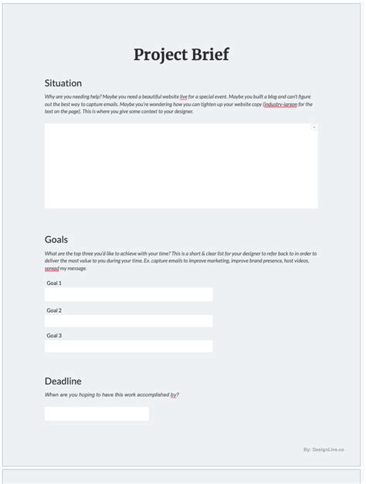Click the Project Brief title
(x=181, y=55)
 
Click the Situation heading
(x=63, y=83)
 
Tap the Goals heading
(x=56, y=239)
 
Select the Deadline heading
(x=63, y=381)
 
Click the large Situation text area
(x=181, y=166)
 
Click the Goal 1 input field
(x=128, y=295)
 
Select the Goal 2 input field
(x=128, y=321)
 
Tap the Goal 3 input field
(x=128, y=347)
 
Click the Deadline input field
(x=97, y=414)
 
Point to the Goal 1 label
(x=54, y=283)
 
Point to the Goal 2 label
(x=54, y=310)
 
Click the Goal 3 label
(x=54, y=336)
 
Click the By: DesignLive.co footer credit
(x=324, y=449)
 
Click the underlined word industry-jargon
(x=280, y=104)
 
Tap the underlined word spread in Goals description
(x=52, y=269)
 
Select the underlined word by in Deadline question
(x=174, y=395)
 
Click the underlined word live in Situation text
(x=184, y=97)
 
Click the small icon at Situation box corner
(x=313, y=127)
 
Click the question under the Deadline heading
(x=112, y=395)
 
